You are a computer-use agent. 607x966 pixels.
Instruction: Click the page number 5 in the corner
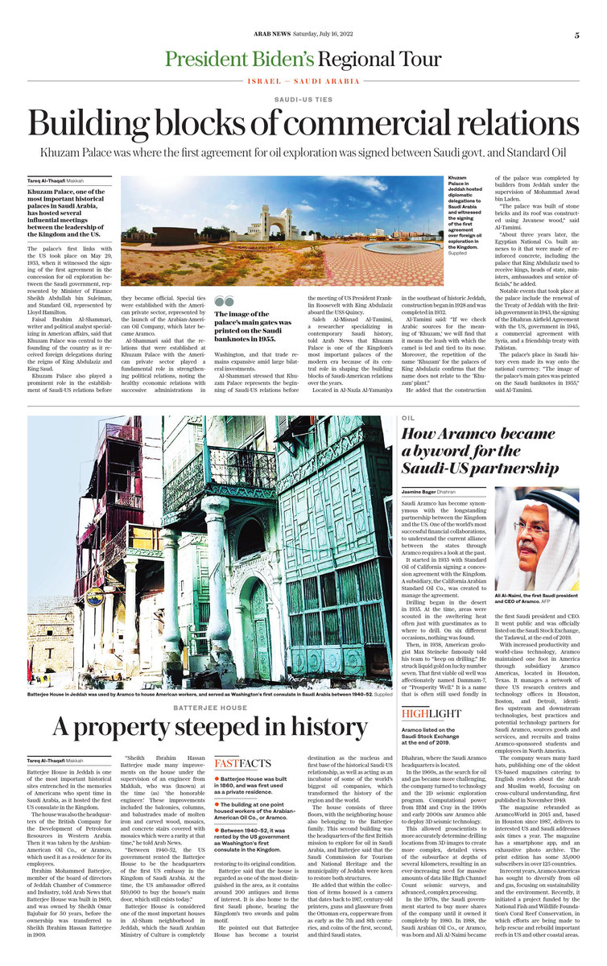(x=577, y=35)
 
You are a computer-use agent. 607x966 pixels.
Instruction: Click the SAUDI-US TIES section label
(x=303, y=99)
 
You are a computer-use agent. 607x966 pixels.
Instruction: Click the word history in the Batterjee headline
(x=322, y=729)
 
